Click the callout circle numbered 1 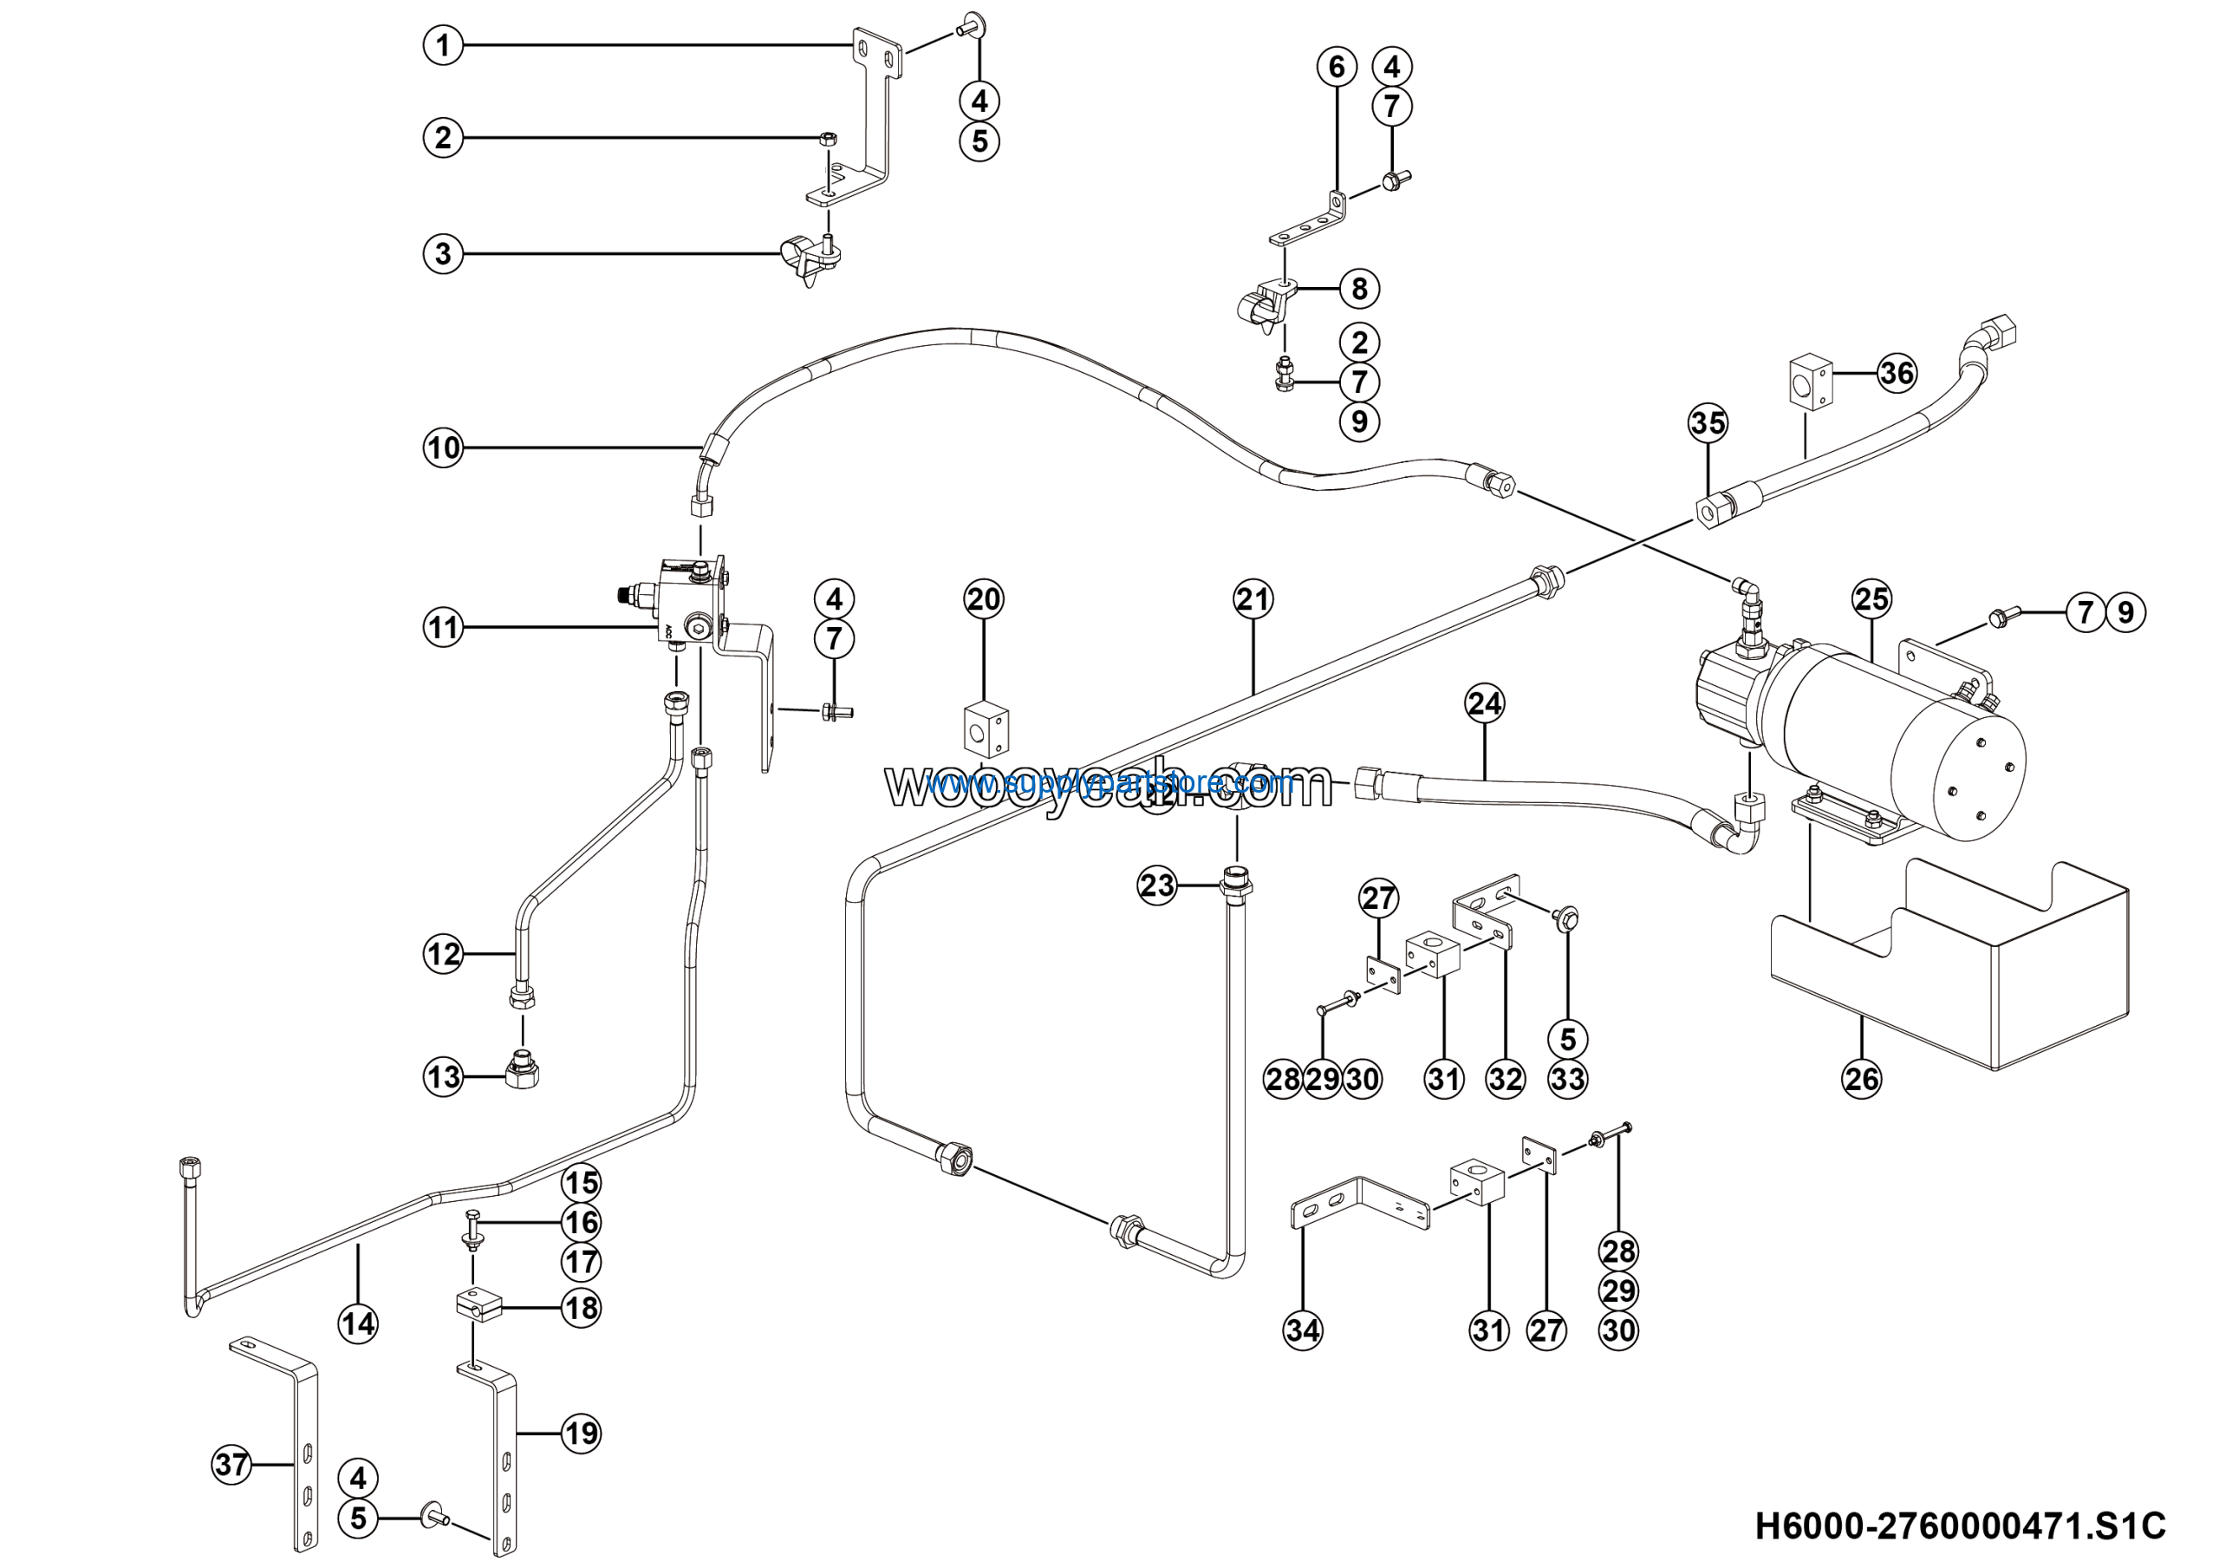[443, 45]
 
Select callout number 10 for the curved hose [443, 448]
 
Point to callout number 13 [443, 1077]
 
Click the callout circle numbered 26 [1861, 1078]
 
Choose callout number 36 [1897, 372]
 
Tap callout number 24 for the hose [1485, 702]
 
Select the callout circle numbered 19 [581, 1433]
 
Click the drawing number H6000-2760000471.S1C [1960, 1526]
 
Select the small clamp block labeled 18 [478, 1306]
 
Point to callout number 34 [1302, 1330]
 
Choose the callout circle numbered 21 [1253, 599]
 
